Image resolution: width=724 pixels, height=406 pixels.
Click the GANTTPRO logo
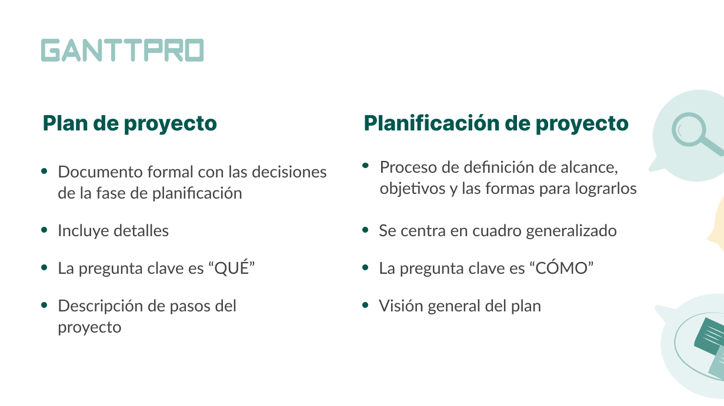point(122,50)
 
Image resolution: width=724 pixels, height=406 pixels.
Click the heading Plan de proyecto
point(129,123)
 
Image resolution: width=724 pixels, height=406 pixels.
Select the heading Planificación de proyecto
point(496,123)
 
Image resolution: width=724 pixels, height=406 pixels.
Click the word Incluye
point(83,231)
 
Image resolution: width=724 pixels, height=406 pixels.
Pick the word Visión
point(401,306)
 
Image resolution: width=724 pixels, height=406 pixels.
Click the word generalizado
point(571,231)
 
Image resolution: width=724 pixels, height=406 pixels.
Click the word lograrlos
point(605,189)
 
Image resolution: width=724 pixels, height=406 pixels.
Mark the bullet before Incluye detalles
point(44,230)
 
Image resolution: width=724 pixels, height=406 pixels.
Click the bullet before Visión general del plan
point(366,305)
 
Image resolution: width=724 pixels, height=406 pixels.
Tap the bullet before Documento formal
point(44,171)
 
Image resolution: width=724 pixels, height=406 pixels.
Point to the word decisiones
point(289,172)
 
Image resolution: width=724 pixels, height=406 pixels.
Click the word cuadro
point(497,231)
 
